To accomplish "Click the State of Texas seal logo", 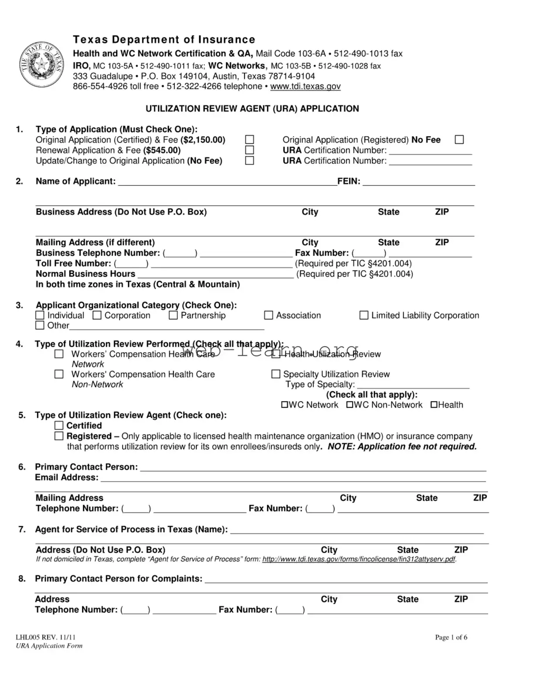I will tap(41, 65).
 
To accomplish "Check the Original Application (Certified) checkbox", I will tap(249, 140).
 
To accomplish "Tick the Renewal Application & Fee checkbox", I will tap(249, 150).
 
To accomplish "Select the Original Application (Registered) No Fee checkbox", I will tap(459, 140).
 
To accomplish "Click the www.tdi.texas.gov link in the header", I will tap(305, 87).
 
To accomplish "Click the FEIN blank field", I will tap(418, 182).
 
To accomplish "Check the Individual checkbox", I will tap(40, 315).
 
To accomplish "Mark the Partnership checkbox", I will tap(173, 315).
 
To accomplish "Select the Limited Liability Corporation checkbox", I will tap(363, 315).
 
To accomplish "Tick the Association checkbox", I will tap(268, 315).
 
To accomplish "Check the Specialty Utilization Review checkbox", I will tap(275, 374).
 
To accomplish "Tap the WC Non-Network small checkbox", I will tap(350, 405).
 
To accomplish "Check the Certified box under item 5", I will tap(59, 425).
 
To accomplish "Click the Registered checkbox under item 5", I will tap(59, 436).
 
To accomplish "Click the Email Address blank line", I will tap(293, 478).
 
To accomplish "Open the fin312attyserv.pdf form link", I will tap(359, 560).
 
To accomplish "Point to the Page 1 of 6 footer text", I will tap(451, 637).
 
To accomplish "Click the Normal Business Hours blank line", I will tap(215, 274).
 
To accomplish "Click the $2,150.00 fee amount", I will tap(203, 140).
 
